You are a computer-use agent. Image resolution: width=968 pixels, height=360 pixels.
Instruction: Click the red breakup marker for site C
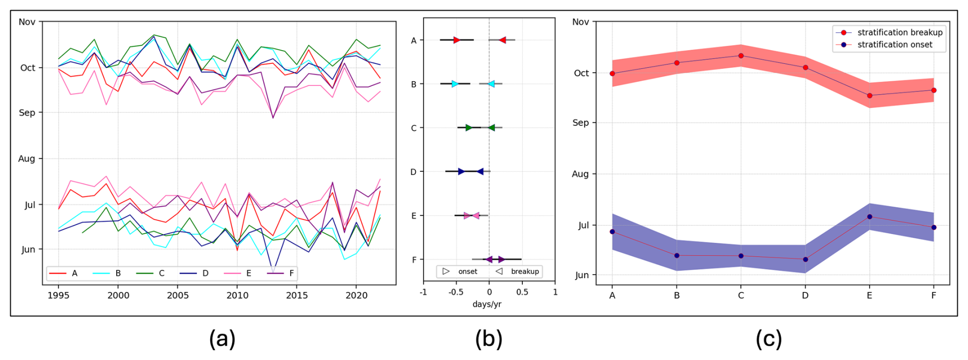coord(741,56)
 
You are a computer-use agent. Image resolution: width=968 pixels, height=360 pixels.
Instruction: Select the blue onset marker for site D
coord(805,259)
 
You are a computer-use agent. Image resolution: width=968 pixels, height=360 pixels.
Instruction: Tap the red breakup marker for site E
coord(869,96)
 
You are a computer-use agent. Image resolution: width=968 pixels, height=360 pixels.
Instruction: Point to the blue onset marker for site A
coord(612,232)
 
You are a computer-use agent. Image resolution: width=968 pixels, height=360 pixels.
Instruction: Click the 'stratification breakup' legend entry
coord(899,32)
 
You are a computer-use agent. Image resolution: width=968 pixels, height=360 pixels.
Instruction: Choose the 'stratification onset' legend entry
coord(894,44)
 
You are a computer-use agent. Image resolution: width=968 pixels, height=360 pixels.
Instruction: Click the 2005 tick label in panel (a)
coord(178,296)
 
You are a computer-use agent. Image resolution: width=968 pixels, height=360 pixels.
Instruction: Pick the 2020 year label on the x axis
coord(356,296)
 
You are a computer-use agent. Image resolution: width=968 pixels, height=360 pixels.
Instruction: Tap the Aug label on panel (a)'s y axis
coord(27,159)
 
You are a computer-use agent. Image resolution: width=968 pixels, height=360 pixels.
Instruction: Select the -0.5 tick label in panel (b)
coord(455,292)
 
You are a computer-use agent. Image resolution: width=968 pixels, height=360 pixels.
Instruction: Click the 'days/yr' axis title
coord(487,304)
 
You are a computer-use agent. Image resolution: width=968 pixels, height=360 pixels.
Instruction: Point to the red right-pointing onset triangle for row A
coord(456,40)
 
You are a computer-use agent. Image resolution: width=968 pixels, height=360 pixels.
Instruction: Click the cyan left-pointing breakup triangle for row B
coord(491,84)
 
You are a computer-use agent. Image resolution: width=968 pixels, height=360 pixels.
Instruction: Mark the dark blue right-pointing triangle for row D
coord(461,172)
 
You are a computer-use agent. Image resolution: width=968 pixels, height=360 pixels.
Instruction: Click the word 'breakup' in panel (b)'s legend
coord(524,272)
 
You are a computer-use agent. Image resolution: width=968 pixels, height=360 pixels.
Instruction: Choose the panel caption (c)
coord(768,339)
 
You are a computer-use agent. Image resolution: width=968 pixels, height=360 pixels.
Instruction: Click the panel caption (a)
coord(222,339)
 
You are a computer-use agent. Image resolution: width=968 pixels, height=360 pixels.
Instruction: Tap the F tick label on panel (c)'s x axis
coord(934,296)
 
